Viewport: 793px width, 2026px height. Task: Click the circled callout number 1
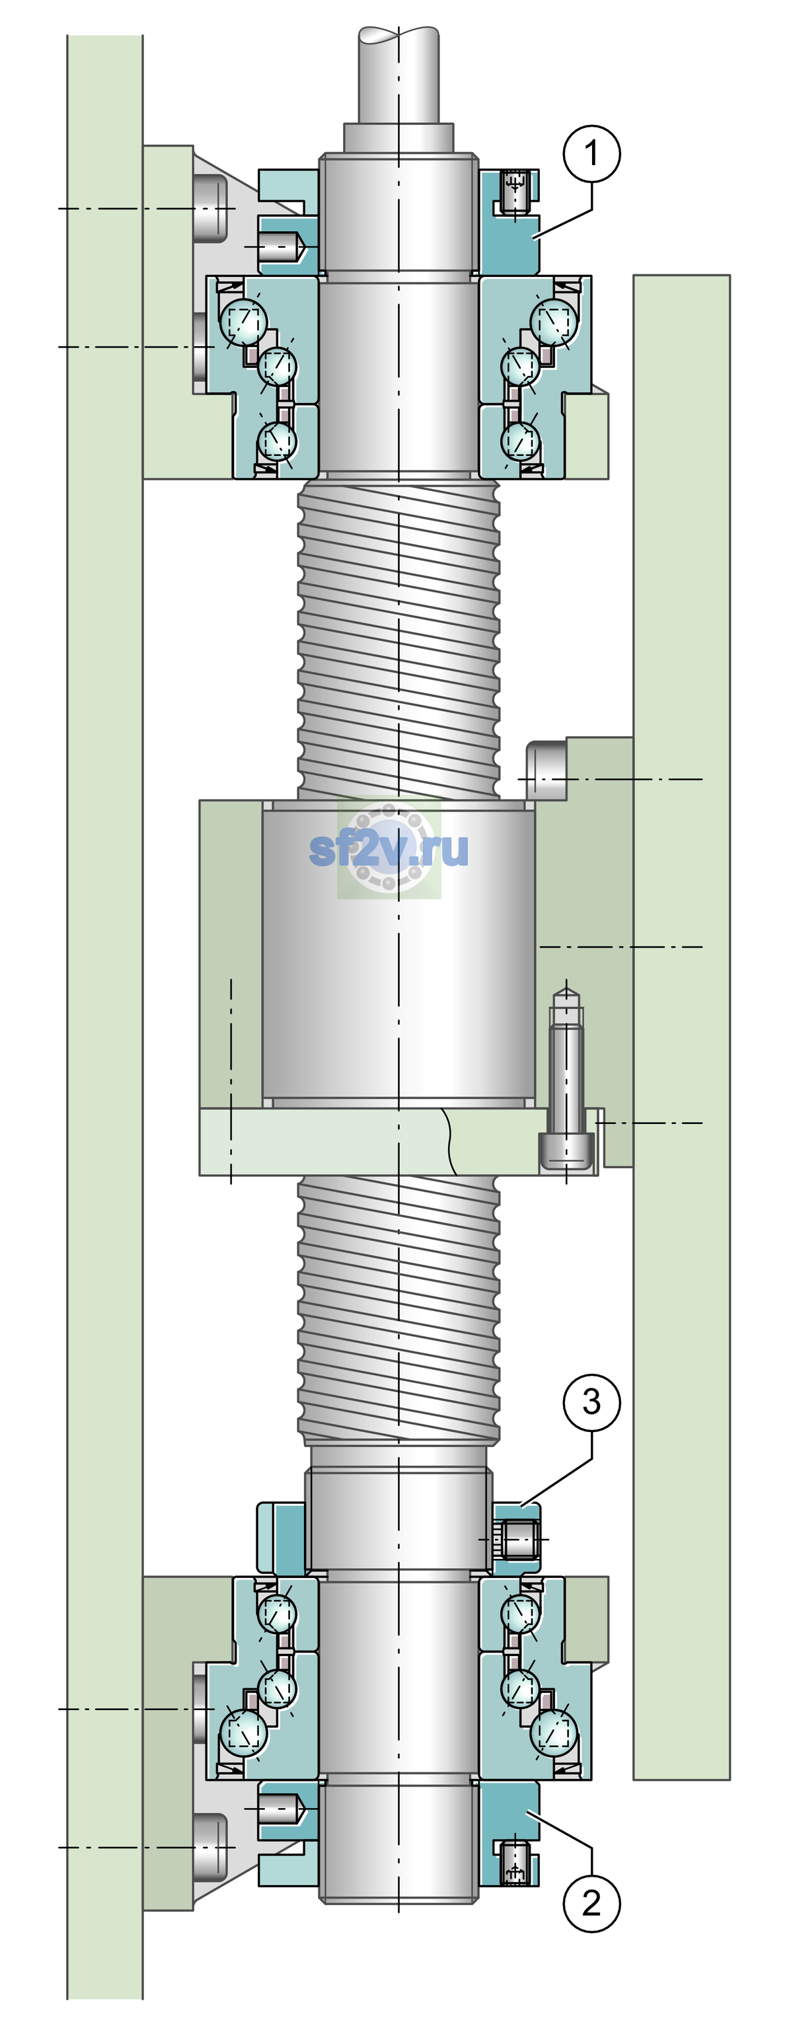coord(591,153)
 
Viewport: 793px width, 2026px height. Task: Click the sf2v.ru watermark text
coord(389,848)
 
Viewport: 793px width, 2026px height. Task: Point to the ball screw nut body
coord(399,954)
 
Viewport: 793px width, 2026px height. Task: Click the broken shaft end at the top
coord(399,75)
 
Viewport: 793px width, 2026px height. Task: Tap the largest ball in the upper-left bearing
coord(244,321)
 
